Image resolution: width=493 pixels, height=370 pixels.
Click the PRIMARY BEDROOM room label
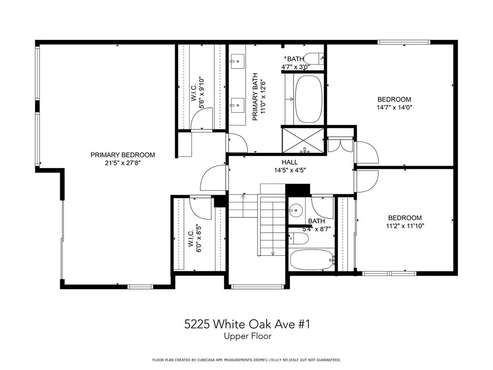123,155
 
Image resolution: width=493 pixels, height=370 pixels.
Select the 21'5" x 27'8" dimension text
123,163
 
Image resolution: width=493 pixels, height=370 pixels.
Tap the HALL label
289,162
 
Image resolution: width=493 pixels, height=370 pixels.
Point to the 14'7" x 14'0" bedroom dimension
394,107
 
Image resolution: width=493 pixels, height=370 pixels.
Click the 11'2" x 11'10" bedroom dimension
405,225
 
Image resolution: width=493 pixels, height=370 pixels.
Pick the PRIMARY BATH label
255,97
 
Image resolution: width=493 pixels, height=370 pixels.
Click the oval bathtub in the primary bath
309,99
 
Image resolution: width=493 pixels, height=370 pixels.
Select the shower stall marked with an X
303,140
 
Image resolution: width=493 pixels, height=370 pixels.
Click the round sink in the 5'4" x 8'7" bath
296,209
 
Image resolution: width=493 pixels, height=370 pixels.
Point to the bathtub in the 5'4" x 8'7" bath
312,260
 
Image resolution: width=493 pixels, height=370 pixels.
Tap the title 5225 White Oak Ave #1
247,324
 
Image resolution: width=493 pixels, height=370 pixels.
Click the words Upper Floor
247,336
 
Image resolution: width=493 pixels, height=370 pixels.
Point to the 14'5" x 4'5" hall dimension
290,171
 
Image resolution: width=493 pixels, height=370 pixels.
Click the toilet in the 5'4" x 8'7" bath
298,238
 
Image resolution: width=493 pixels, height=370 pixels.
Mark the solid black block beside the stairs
298,190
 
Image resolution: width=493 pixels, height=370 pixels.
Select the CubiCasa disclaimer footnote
246,360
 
